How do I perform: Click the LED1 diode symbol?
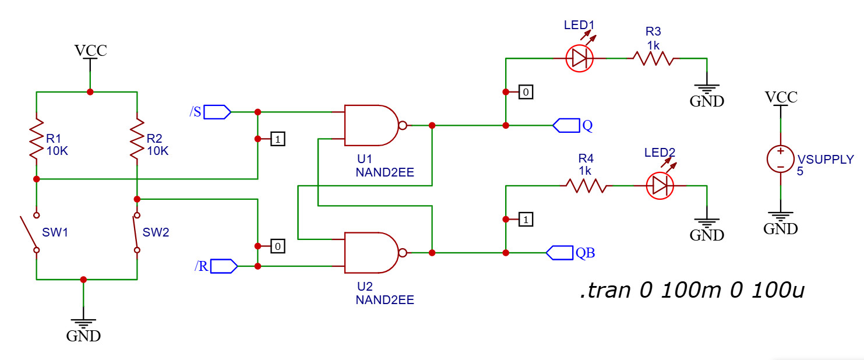579,58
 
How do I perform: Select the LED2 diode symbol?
660,186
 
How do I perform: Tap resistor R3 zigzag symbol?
653,58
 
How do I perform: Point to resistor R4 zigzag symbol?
586,186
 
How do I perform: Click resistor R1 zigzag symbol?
37,139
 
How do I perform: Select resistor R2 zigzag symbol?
137,139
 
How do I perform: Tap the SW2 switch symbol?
136,232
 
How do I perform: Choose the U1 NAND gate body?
371,125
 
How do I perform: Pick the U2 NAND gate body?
371,253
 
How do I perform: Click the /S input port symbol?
217,112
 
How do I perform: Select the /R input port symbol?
224,266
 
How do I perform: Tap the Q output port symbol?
566,125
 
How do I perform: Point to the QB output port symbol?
560,253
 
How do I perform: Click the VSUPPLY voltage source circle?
780,159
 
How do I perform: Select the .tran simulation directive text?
692,290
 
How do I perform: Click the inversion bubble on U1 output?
403,125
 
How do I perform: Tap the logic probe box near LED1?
526,92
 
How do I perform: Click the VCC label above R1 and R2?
90,51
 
